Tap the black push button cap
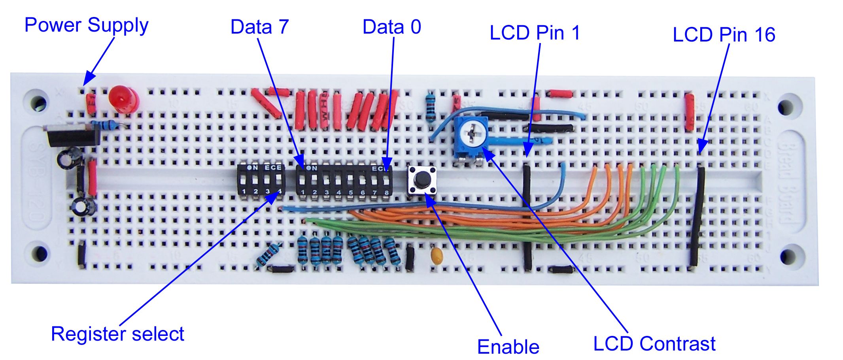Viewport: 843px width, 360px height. tap(422, 180)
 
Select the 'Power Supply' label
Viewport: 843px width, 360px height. tap(86, 25)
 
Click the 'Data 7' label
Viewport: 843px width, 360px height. tap(259, 27)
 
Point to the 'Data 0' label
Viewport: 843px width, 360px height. tap(391, 27)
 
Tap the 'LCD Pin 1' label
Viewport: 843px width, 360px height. tap(535, 33)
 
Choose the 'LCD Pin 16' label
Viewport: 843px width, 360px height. tap(724, 35)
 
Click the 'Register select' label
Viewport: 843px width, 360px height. tap(117, 334)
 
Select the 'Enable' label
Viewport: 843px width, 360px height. tap(508, 347)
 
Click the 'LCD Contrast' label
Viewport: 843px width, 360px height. tap(654, 344)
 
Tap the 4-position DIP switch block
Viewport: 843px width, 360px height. tap(261, 180)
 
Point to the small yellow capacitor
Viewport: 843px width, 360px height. tap(437, 256)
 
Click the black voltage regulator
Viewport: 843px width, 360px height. tap(73, 136)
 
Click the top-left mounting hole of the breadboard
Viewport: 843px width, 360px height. tap(39, 103)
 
